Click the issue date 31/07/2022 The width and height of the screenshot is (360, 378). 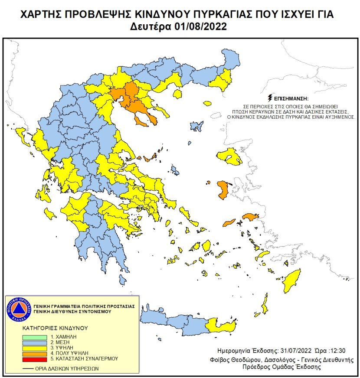[x=282, y=350]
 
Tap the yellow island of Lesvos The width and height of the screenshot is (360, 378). [x=229, y=156]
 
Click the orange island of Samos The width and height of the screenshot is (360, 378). [x=251, y=216]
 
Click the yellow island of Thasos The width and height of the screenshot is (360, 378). [x=177, y=94]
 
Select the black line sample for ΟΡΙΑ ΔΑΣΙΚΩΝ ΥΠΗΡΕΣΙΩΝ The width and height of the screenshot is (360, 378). [x=28, y=368]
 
